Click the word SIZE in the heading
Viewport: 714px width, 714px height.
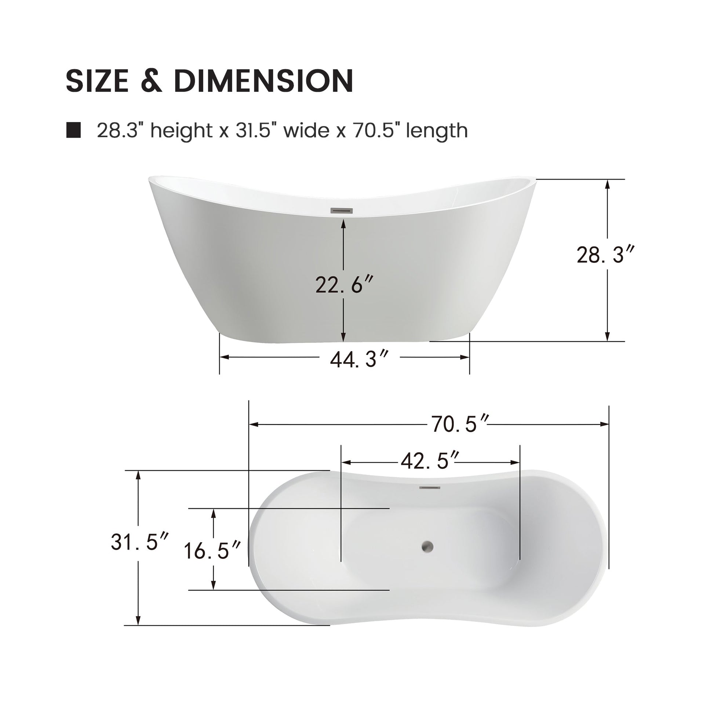coord(97,81)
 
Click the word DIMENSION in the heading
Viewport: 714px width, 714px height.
coord(263,81)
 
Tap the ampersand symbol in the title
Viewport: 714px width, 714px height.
coord(152,81)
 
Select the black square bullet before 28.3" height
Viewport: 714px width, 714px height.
coord(73,130)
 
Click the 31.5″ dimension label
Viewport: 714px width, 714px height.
coord(139,542)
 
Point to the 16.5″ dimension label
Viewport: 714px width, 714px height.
coord(212,550)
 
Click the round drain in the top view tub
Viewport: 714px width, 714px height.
coord(427,546)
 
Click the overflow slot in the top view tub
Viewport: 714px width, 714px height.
coord(429,488)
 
